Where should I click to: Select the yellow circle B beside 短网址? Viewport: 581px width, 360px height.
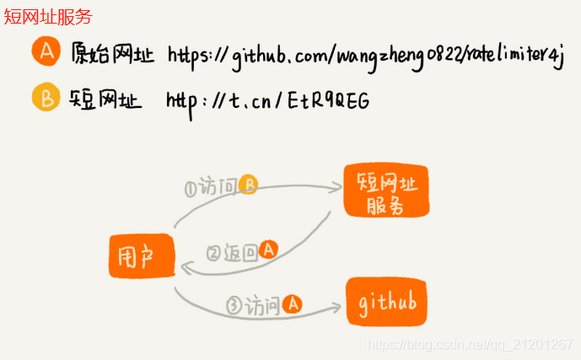45,99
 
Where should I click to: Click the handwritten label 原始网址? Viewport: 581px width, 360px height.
113,55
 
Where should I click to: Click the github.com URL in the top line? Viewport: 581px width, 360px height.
365,57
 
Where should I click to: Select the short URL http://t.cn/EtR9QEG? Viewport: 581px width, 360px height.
267,101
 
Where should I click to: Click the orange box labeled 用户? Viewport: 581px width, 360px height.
141,256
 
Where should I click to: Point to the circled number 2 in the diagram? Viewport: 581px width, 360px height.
213,252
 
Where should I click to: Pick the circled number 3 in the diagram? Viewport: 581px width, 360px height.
234,304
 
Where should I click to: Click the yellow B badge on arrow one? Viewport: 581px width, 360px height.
248,185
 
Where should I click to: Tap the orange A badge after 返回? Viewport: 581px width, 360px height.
269,250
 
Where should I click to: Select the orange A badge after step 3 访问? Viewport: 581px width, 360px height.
291,304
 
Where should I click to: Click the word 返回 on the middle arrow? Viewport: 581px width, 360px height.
239,252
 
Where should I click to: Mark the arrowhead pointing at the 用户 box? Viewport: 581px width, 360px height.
184,267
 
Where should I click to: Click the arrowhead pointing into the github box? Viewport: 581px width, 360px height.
336,305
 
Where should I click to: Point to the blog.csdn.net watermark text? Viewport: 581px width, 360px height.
471,344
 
